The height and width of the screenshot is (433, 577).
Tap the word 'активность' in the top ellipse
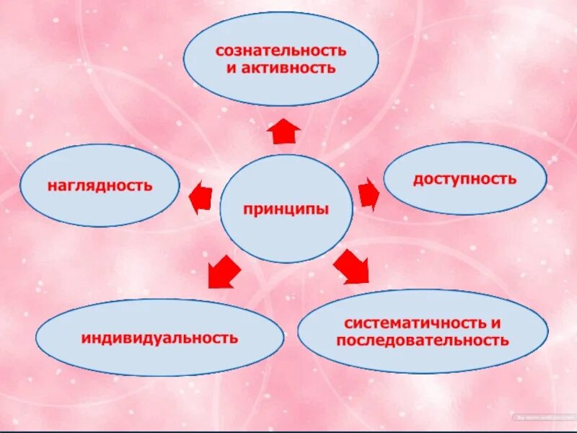[x=288, y=69]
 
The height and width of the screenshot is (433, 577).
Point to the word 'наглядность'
[x=100, y=185]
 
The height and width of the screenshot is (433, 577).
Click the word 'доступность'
[x=464, y=178]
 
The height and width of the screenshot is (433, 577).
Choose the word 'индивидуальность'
[x=159, y=337]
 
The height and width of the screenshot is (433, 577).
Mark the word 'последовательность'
[x=422, y=341]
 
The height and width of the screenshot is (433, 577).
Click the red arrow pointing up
[x=283, y=131]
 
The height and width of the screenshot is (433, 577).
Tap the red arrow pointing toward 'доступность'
[x=369, y=193]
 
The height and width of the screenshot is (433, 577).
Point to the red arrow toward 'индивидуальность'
[x=224, y=271]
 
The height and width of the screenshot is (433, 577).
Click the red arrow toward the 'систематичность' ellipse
[x=351, y=266]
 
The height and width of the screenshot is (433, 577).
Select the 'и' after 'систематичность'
[x=495, y=324]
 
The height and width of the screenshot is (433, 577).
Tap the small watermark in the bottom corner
[x=542, y=417]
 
